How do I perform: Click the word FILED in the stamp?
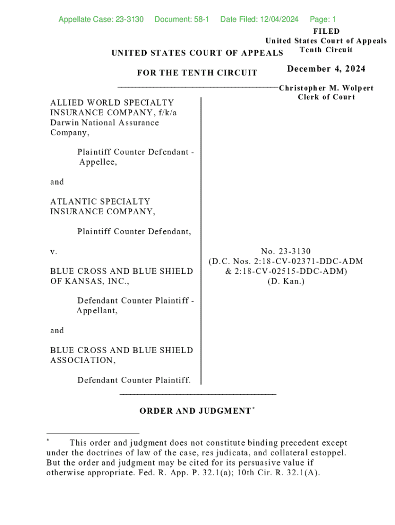click(326, 31)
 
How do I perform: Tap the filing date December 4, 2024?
click(326, 69)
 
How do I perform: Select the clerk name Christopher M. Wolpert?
click(326, 88)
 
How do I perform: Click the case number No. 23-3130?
click(286, 251)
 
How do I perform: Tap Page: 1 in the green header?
click(323, 19)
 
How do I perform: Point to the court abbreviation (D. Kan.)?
click(286, 281)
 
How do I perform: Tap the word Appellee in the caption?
click(97, 162)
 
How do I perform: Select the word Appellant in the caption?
click(97, 311)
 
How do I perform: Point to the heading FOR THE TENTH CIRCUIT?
click(197, 73)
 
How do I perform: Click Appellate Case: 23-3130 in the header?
click(101, 19)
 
